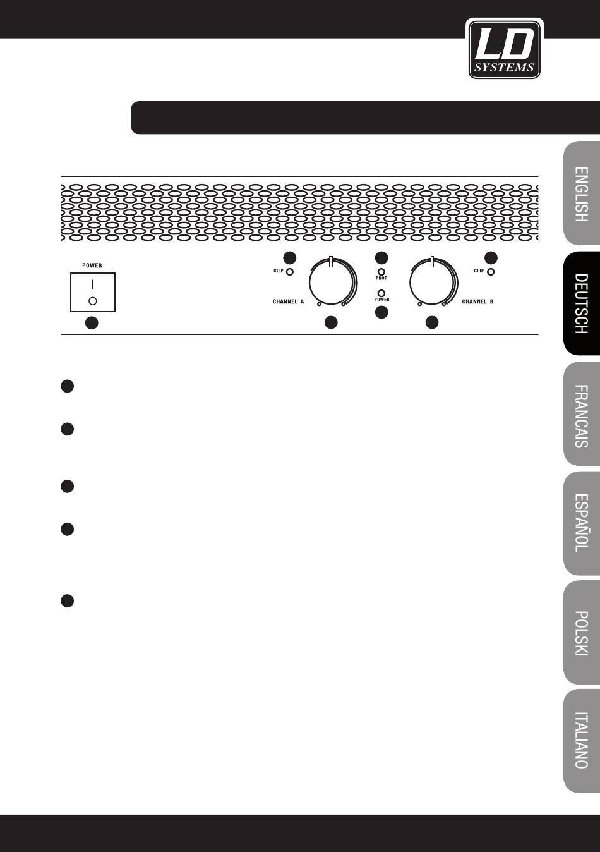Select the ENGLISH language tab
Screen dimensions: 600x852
point(582,193)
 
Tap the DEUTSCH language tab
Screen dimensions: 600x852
point(582,303)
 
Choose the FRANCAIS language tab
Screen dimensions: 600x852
point(582,414)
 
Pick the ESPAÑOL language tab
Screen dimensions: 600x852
point(582,523)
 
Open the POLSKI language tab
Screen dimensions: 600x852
point(582,633)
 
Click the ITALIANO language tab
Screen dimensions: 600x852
point(582,741)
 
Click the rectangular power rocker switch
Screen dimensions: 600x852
point(93,292)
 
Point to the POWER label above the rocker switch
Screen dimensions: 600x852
point(92,265)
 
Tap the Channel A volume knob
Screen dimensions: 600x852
point(333,282)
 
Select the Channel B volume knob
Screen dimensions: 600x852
point(433,282)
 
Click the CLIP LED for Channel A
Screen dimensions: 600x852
point(289,272)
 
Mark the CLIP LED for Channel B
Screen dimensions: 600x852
point(491,272)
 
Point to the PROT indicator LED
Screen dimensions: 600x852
point(381,272)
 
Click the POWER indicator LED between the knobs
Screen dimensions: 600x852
point(381,293)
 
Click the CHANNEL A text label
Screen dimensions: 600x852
point(289,301)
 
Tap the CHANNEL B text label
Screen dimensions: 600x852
point(477,301)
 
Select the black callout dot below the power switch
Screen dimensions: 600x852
point(92,323)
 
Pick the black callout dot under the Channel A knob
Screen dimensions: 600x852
point(332,322)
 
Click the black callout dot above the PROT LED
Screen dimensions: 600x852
point(381,258)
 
